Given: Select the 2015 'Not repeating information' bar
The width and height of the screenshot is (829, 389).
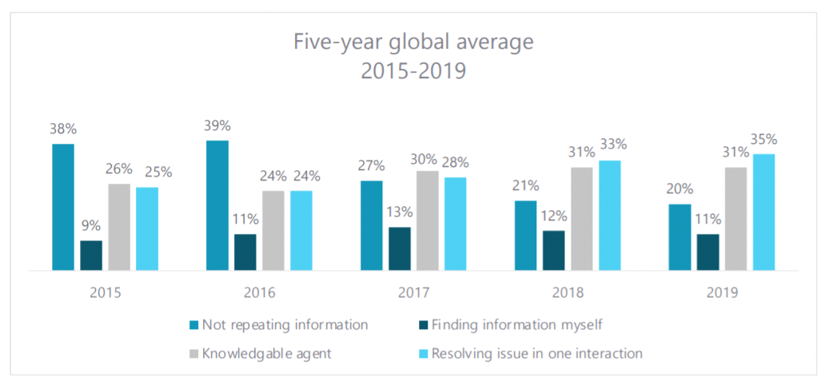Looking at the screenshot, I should (63, 207).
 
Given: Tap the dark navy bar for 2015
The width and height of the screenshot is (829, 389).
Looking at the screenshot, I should (91, 256).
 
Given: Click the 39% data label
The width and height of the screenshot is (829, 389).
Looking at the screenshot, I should (217, 125).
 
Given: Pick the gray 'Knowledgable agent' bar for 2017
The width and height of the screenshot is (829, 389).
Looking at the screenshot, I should (428, 220).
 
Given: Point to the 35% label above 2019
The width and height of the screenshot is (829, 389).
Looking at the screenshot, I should (764, 139).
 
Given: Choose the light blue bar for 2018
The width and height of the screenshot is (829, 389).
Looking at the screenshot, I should (610, 216).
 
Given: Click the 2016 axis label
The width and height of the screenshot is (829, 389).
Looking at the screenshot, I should (260, 292).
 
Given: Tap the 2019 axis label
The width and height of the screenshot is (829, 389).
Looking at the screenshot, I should (722, 292).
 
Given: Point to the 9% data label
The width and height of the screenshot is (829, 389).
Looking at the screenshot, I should (91, 226).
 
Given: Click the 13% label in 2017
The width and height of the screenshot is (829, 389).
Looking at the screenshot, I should (399, 212).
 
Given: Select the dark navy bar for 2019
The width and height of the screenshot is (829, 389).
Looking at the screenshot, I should (707, 252).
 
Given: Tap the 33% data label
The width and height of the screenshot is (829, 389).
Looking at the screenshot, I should (610, 145).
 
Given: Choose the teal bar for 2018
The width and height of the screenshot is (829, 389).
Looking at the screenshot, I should (525, 236).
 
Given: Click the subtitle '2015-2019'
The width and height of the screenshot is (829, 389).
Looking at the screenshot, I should (413, 72).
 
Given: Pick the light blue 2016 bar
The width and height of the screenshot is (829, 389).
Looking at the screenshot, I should (301, 231).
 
